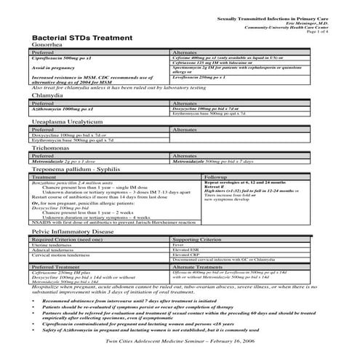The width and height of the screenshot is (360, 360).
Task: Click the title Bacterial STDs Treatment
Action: click(82, 36)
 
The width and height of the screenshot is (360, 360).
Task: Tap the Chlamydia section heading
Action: click(46, 95)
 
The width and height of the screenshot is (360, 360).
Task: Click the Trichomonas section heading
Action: click(50, 146)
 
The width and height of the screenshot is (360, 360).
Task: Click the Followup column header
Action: click(221, 177)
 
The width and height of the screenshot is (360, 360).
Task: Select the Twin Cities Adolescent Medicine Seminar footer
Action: click(176, 340)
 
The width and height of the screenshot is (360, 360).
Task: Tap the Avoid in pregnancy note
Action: click(55, 67)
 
